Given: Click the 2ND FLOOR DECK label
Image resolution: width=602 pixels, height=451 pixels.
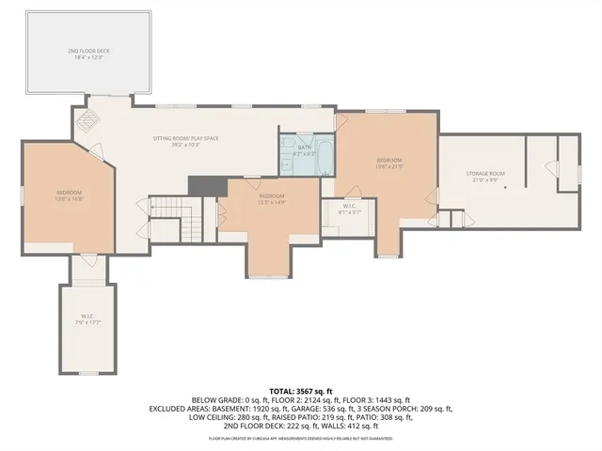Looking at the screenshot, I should pyautogui.click(x=89, y=51).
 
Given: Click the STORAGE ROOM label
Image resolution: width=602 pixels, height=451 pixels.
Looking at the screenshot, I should pyautogui.click(x=484, y=174).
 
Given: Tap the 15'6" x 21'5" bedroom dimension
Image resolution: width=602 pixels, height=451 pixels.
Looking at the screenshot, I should pyautogui.click(x=388, y=167).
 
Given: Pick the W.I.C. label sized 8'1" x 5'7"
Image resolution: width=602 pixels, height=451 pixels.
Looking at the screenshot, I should pyautogui.click(x=348, y=211).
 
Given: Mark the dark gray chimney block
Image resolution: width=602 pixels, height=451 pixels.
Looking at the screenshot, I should pyautogui.click(x=207, y=186).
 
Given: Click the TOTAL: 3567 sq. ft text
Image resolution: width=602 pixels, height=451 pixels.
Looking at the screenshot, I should pyautogui.click(x=301, y=390).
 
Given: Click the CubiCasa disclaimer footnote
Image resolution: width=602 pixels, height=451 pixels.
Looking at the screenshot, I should pyautogui.click(x=301, y=438).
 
